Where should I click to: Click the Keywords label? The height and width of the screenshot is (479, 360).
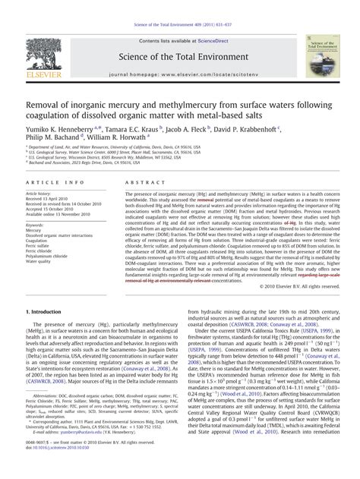(x=35, y=225)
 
